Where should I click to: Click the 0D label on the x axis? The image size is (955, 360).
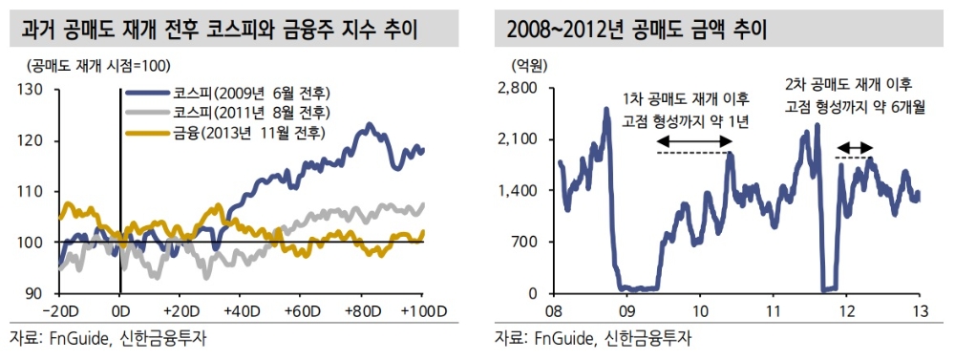click(x=119, y=310)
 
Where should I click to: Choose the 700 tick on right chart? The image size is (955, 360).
click(x=527, y=243)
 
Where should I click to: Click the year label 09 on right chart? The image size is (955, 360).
click(x=626, y=310)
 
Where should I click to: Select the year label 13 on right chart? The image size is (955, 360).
click(x=920, y=310)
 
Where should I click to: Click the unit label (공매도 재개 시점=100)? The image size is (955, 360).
click(x=92, y=67)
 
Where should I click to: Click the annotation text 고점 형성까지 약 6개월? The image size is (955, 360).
click(x=855, y=108)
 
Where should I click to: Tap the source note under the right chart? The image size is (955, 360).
click(x=593, y=339)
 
